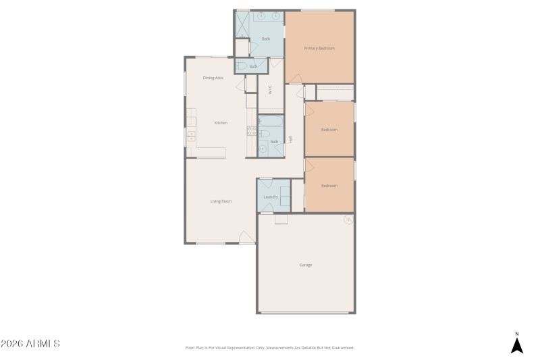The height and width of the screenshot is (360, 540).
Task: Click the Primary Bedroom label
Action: (x=319, y=48)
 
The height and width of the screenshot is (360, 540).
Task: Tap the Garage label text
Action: (x=306, y=265)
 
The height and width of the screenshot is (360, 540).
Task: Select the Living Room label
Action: (x=221, y=201)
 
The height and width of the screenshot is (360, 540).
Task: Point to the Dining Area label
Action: (x=213, y=78)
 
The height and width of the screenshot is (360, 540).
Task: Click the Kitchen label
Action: (x=221, y=123)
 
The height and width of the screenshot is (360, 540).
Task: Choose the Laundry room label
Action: (x=271, y=197)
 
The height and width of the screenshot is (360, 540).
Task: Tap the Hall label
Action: (x=291, y=140)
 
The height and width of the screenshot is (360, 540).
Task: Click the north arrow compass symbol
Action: (x=516, y=344)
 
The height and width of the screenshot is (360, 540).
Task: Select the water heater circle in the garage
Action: (x=348, y=219)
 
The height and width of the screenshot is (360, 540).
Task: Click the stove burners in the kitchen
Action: (x=251, y=130)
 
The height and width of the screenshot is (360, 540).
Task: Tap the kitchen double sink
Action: (x=190, y=136)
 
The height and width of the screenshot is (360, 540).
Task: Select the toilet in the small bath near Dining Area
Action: (x=241, y=66)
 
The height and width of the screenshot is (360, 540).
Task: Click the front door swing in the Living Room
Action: (x=247, y=236)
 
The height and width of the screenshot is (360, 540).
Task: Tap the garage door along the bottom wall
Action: (x=306, y=313)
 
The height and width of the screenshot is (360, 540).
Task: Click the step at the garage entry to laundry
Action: (x=281, y=219)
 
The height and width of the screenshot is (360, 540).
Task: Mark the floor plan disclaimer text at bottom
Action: (x=269, y=348)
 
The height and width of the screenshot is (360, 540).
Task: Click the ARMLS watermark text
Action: (x=30, y=344)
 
